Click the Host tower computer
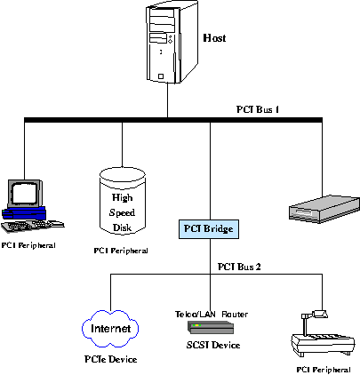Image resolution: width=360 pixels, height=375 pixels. point(172,42)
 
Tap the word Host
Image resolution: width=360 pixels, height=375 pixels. point(214,38)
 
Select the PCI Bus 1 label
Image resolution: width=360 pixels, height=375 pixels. point(258,109)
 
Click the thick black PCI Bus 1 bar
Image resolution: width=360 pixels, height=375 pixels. point(173,120)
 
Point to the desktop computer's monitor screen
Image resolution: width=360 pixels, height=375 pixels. point(25,193)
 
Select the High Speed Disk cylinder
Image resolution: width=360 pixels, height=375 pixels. point(123,201)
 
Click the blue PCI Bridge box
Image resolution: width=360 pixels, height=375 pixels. point(209,229)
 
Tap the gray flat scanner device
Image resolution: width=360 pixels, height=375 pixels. point(324,209)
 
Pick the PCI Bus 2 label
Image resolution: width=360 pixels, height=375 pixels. point(239,267)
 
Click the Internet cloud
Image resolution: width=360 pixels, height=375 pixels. point(110,329)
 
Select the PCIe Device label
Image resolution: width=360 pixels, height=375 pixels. point(110,359)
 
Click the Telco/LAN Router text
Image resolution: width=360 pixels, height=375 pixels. point(212,314)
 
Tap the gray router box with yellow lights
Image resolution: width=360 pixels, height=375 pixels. point(211,327)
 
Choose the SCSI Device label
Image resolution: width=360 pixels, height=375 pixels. point(213,345)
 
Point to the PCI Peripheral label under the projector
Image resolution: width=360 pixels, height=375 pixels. point(324,370)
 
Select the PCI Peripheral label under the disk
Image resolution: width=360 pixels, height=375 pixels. point(121,251)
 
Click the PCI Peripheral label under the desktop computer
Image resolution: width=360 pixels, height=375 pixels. point(28,245)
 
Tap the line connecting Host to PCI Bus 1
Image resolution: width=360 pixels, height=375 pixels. point(167,100)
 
